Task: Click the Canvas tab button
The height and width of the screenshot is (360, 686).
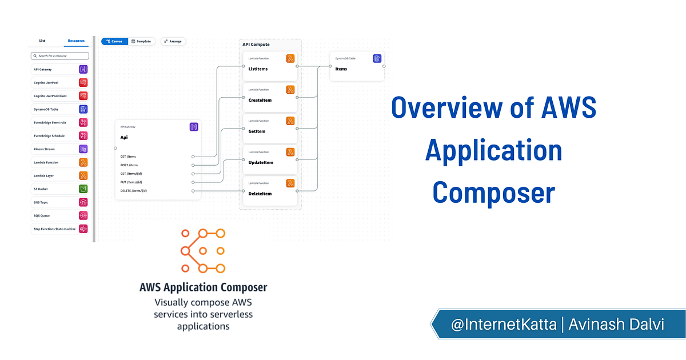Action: pos(114,41)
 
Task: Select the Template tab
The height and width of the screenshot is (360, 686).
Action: pos(141,41)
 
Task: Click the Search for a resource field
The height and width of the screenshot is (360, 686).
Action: pos(60,56)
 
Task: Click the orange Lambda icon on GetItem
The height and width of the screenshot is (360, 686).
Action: pos(290,121)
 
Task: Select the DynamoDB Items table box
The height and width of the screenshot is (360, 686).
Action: pos(357,66)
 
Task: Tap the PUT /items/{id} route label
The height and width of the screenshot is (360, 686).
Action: pos(131,182)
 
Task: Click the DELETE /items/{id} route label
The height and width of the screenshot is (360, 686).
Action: pos(134,190)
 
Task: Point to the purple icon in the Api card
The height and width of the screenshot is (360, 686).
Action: pos(194,127)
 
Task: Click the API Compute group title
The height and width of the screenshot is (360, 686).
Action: pos(256,44)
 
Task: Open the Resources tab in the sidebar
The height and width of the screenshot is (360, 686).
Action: pos(76,41)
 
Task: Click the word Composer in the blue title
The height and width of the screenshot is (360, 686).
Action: pos(493,193)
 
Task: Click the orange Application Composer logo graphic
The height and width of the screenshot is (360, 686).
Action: pos(203,250)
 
